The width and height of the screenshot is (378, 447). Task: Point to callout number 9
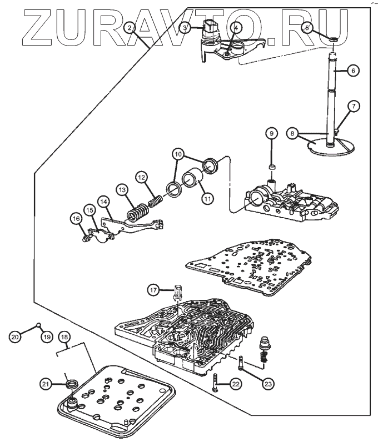click(271, 133)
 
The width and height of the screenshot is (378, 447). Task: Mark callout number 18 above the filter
click(65, 338)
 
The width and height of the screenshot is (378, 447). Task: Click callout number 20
click(15, 335)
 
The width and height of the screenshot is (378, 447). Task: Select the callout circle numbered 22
click(236, 383)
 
